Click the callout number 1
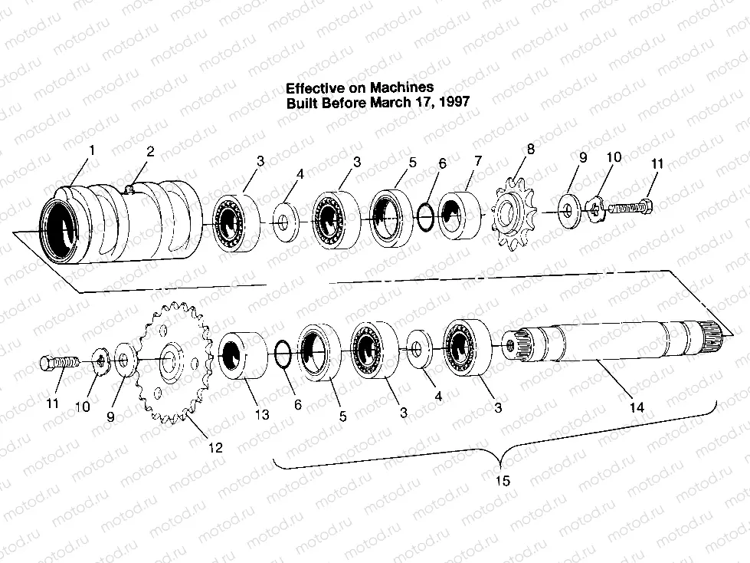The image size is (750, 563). click(92, 150)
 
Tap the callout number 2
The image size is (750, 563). click(150, 152)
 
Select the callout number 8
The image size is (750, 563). click(530, 150)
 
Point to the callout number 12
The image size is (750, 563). click(216, 448)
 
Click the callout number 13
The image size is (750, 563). click(262, 415)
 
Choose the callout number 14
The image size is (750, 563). click(637, 407)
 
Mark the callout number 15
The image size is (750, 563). click(503, 480)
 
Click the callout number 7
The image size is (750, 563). click(478, 161)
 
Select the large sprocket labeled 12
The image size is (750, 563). click(172, 364)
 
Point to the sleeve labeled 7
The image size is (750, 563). click(459, 216)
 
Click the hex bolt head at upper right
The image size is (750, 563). click(647, 206)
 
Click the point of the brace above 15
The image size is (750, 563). click(500, 467)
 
